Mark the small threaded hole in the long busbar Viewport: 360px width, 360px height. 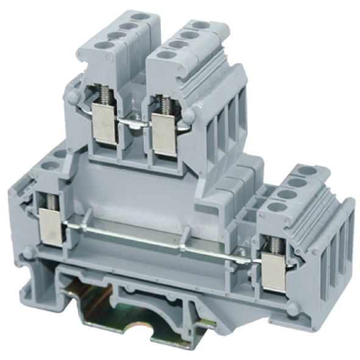click(x=242, y=252)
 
